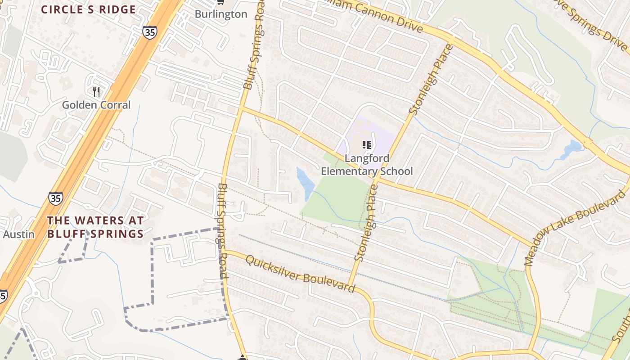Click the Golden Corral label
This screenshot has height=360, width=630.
(96, 105)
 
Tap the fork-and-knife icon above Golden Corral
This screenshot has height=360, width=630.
(96, 92)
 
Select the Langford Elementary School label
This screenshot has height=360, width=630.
(366, 165)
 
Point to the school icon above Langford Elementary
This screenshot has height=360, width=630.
(367, 145)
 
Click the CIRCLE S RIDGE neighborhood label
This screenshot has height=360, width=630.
(88, 9)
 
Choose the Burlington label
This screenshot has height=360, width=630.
(221, 14)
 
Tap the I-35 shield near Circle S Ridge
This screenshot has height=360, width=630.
(149, 32)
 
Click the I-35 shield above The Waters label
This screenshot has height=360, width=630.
(56, 198)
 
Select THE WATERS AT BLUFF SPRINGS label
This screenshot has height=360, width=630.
(95, 227)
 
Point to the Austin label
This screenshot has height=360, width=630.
(18, 234)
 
